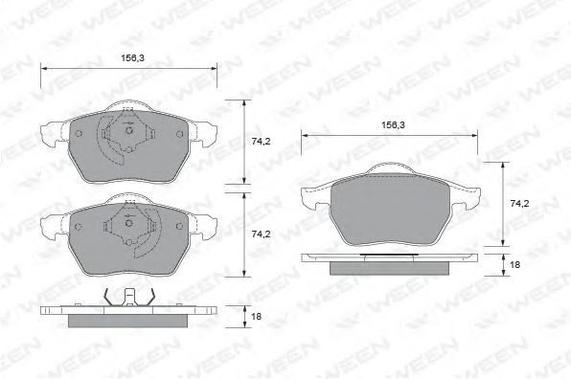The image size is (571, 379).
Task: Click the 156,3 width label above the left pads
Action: [x=132, y=57]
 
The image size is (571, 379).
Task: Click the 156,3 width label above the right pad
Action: [x=394, y=125]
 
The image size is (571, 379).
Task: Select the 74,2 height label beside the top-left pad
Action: [x=261, y=142]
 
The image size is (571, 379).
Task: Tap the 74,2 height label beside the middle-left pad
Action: [x=261, y=234]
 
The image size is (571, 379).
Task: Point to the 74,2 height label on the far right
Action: [x=519, y=204]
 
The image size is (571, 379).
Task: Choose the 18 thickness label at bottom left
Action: [x=257, y=317]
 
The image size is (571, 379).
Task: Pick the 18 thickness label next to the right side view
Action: [x=514, y=265]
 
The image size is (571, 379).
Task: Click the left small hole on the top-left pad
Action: [x=79, y=134]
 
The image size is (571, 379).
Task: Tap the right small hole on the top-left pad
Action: [x=179, y=134]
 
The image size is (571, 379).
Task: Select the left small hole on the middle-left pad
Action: [x=79, y=227]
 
